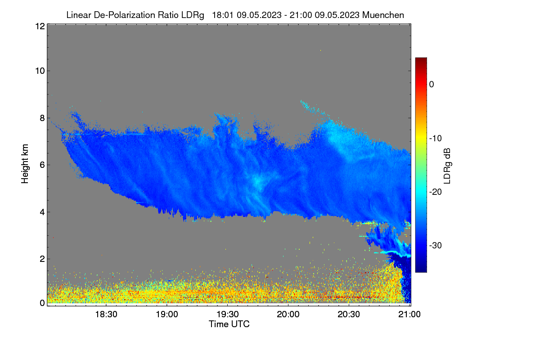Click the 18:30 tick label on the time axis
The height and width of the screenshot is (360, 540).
(x=106, y=315)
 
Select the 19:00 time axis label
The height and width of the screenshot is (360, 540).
(x=167, y=315)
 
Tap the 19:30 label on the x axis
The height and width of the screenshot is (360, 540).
(x=228, y=315)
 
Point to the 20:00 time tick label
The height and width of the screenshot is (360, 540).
(x=288, y=315)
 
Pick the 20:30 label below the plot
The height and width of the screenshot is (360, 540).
(x=349, y=315)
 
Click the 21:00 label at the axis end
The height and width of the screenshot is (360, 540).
(x=409, y=315)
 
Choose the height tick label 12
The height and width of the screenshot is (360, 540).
(x=40, y=26)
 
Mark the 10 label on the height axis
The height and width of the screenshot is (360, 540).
(x=40, y=71)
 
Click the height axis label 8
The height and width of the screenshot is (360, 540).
(x=42, y=118)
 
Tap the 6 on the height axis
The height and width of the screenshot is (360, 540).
(x=42, y=165)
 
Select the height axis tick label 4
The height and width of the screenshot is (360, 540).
(x=42, y=212)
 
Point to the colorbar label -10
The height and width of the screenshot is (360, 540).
(x=436, y=139)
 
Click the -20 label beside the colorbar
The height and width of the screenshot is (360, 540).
(x=436, y=192)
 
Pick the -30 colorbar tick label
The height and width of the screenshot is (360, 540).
(x=436, y=245)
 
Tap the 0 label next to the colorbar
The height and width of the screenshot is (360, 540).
(x=432, y=85)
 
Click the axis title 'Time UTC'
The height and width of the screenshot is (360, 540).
(x=229, y=324)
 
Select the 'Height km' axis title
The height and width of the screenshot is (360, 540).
(x=25, y=164)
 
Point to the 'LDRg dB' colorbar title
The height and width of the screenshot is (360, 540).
(x=447, y=166)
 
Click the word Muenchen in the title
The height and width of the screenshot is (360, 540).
(x=383, y=15)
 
